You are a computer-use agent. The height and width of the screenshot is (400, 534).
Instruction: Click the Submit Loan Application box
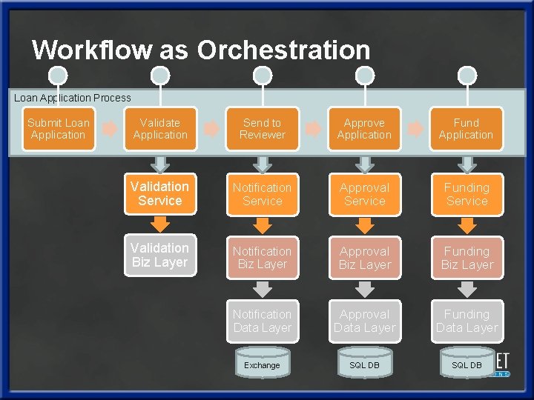(58, 129)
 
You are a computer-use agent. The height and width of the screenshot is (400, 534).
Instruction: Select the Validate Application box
(160, 129)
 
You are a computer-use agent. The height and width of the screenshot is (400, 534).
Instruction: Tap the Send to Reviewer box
(263, 129)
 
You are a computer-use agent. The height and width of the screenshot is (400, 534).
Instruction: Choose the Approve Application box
(364, 129)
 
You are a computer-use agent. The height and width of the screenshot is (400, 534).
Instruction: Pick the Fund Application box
(466, 129)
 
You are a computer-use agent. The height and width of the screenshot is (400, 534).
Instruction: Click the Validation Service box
(160, 194)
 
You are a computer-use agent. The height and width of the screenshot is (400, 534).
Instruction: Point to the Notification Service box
(263, 194)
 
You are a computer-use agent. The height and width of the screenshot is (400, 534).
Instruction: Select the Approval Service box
(364, 194)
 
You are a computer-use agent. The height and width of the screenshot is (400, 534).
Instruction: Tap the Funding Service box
(467, 194)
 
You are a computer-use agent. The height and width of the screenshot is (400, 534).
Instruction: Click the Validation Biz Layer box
(160, 256)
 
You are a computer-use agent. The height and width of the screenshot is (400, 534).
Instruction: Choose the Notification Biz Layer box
(263, 258)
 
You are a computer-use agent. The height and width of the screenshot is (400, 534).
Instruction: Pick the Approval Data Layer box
(364, 321)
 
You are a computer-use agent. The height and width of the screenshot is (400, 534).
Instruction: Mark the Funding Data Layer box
(467, 321)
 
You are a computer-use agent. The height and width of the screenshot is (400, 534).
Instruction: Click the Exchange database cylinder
(263, 364)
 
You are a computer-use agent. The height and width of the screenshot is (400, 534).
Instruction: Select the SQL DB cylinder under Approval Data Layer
(364, 364)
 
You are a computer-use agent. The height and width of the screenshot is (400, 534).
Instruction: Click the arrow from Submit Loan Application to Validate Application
(110, 129)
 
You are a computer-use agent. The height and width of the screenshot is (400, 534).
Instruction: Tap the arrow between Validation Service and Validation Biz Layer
(160, 224)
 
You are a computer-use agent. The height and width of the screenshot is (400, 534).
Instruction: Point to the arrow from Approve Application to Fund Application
(416, 129)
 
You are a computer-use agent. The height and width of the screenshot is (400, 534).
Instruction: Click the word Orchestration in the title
(283, 50)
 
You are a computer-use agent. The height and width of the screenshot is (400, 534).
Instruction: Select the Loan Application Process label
(73, 98)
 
